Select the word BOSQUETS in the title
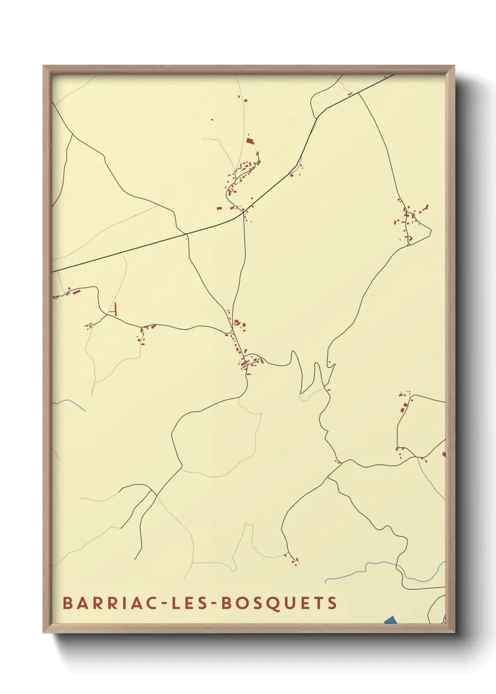coord(279,603)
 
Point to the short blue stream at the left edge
coord(70,403)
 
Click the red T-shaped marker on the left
coord(113,309)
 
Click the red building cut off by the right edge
coord(443,453)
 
